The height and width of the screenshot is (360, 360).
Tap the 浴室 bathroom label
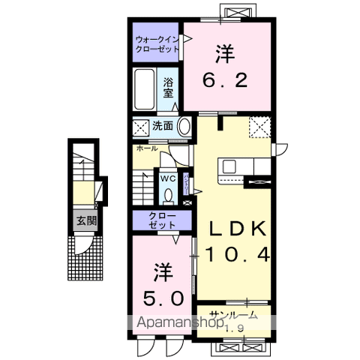click(x=169, y=88)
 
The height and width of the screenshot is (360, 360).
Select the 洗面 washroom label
click(x=163, y=126)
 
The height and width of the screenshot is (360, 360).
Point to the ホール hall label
click(x=147, y=148)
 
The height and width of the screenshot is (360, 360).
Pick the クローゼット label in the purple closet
click(x=157, y=221)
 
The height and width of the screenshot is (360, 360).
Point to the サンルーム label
click(x=233, y=316)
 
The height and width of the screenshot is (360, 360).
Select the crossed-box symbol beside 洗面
click(x=141, y=126)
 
